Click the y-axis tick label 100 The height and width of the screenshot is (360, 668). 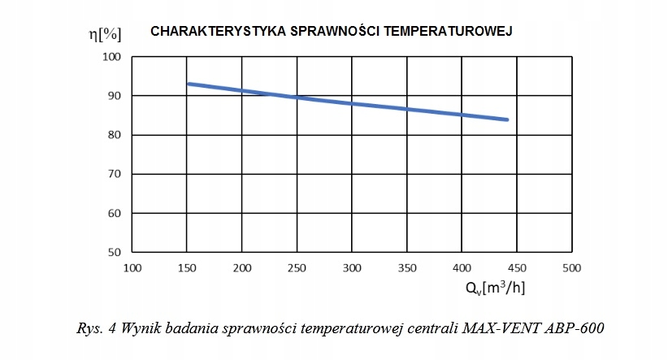(111, 57)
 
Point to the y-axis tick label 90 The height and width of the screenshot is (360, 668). (114, 96)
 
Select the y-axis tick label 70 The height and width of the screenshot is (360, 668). (114, 174)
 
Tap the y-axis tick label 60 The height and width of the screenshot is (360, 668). (114, 213)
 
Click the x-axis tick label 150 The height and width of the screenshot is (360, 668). (187, 267)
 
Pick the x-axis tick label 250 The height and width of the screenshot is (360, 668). (297, 267)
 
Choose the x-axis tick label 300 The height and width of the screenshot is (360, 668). (352, 267)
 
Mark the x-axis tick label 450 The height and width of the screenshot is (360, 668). (517, 267)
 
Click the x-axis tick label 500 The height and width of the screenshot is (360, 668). (572, 267)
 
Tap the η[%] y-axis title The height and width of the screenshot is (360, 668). (105, 34)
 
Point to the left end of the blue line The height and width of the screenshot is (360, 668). (189, 84)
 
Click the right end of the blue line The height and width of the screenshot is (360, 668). (508, 119)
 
